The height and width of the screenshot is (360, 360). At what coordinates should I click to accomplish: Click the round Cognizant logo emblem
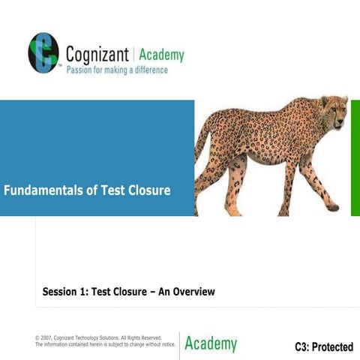click(43, 53)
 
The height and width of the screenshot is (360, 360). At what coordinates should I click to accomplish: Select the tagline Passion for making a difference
click(117, 70)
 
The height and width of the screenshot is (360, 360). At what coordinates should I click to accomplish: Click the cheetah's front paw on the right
click(332, 207)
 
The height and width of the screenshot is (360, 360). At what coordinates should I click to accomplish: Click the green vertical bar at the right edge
click(355, 157)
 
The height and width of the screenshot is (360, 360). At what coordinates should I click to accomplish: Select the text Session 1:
click(64, 291)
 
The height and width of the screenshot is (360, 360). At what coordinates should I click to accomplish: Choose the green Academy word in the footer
click(211, 344)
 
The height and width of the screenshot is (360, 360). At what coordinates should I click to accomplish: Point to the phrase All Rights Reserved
click(139, 337)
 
